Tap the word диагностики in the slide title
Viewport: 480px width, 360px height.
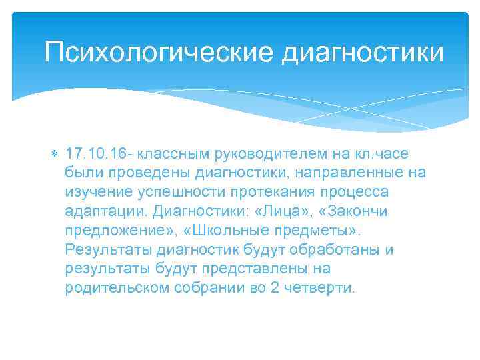click(x=363, y=52)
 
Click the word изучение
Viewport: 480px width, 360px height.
click(x=99, y=193)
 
